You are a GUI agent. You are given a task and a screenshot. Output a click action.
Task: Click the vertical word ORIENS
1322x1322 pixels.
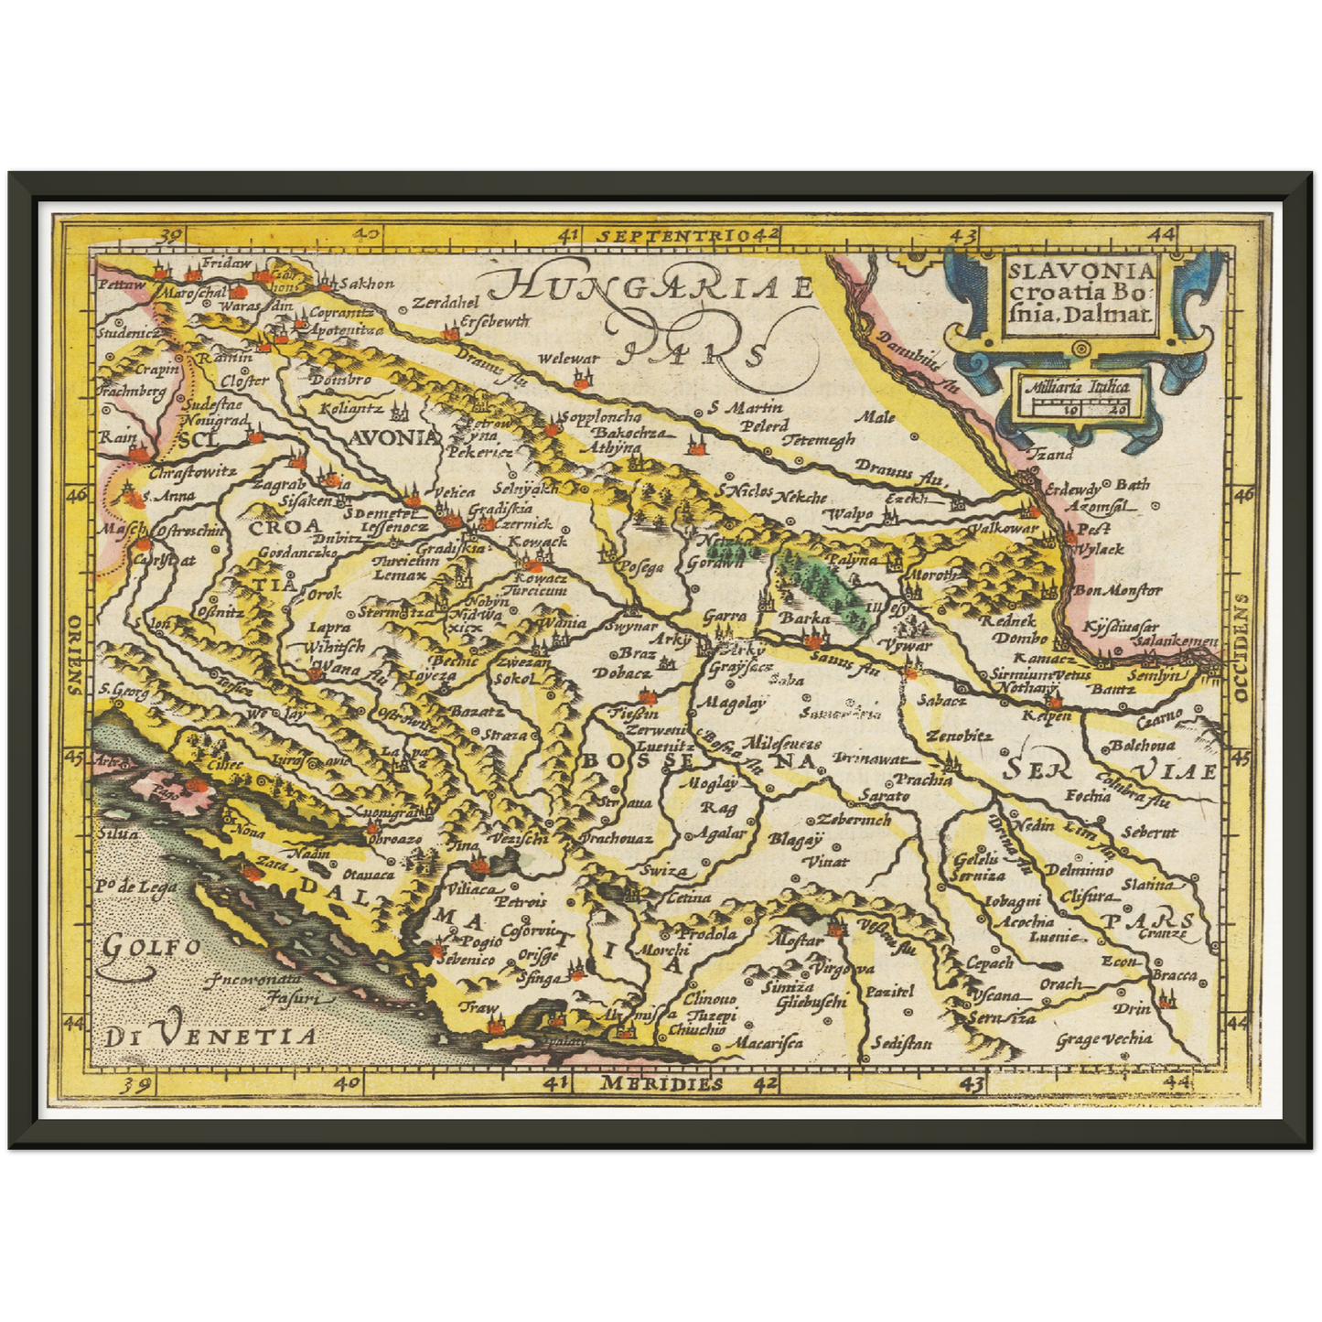[73, 653]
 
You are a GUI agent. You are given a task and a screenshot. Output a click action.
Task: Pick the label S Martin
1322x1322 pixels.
[745, 408]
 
